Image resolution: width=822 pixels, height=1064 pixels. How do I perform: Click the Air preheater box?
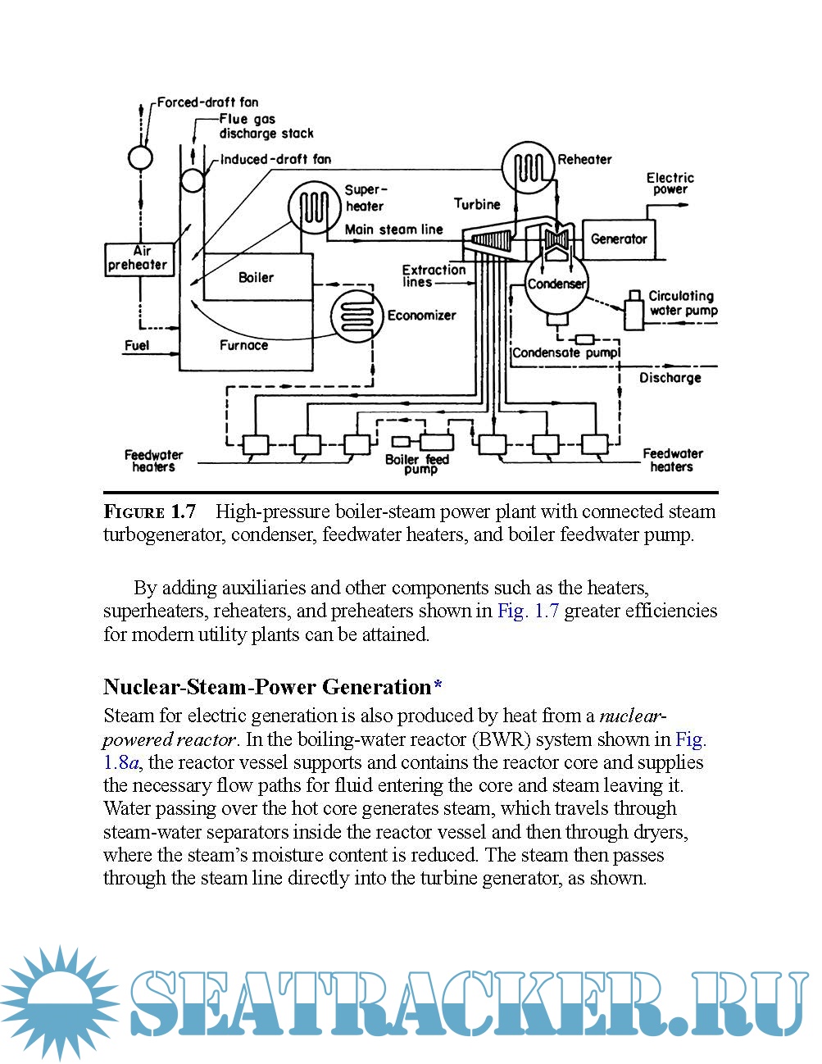pyautogui.click(x=139, y=258)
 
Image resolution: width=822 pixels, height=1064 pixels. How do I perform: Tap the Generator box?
pyautogui.click(x=619, y=239)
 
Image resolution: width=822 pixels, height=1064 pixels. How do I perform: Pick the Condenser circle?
pyautogui.click(x=556, y=284)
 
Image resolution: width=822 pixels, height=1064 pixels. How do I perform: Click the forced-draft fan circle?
pyautogui.click(x=140, y=157)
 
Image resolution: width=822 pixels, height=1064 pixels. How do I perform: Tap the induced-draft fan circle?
pyautogui.click(x=193, y=180)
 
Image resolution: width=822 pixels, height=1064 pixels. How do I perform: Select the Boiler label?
pyautogui.click(x=256, y=278)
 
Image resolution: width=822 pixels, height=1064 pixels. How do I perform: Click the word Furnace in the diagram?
pyautogui.click(x=243, y=345)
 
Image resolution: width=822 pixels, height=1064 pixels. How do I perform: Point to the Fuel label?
pyautogui.click(x=137, y=345)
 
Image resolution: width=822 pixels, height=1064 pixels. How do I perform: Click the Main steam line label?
pyautogui.click(x=393, y=230)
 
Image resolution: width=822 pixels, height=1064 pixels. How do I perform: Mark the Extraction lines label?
pyautogui.click(x=434, y=275)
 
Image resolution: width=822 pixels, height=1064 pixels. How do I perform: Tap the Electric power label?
pyautogui.click(x=670, y=184)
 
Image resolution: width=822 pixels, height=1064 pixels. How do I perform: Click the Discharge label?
pyautogui.click(x=670, y=378)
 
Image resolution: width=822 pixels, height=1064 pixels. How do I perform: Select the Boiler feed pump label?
pyautogui.click(x=417, y=464)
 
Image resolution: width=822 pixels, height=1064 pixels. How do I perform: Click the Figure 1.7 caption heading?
pyautogui.click(x=150, y=512)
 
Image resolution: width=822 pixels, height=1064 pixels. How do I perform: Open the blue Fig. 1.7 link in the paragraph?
pyautogui.click(x=528, y=611)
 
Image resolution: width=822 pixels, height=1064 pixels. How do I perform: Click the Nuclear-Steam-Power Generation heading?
pyautogui.click(x=267, y=687)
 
